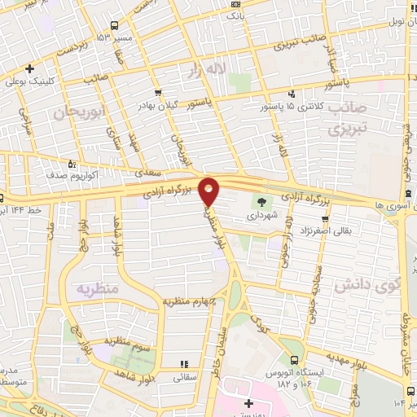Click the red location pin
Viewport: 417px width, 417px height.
click(x=209, y=191)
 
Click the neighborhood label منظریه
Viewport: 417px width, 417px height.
click(x=98, y=288)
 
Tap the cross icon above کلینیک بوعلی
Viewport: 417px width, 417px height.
click(x=30, y=68)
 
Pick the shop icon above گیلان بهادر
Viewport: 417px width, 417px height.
click(x=156, y=92)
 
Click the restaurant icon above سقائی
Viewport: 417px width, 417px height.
click(x=184, y=363)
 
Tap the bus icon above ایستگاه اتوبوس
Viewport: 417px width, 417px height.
click(x=294, y=358)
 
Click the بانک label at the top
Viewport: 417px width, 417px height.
click(x=235, y=15)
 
